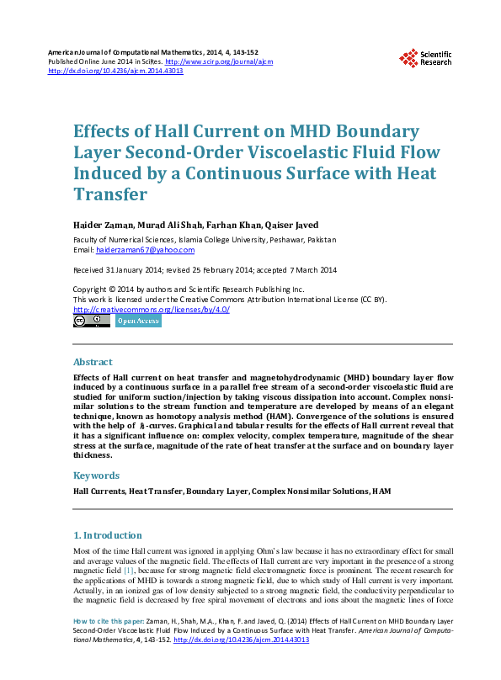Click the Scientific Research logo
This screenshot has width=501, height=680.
click(x=424, y=57)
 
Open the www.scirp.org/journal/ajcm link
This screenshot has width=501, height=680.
click(x=218, y=61)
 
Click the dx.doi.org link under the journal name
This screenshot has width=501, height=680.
click(x=115, y=71)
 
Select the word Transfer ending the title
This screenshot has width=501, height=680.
click(x=110, y=194)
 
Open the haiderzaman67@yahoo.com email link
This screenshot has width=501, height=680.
click(x=145, y=250)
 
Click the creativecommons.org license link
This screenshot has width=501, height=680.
click(x=152, y=309)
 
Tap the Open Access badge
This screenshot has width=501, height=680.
click(x=137, y=321)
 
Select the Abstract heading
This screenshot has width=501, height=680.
click(x=93, y=362)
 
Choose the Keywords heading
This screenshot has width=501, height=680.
click(x=96, y=475)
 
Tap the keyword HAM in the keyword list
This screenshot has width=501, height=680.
click(x=381, y=491)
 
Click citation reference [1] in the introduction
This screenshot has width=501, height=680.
click(x=129, y=569)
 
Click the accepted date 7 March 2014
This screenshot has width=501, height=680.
click(x=310, y=270)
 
